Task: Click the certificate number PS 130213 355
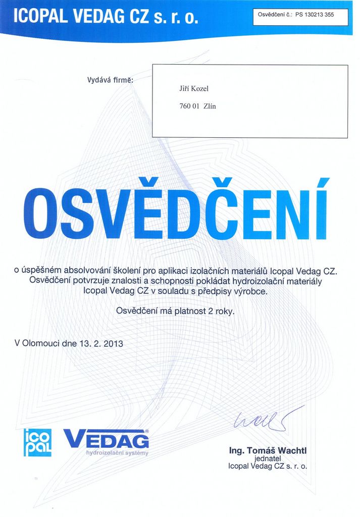point(315,15)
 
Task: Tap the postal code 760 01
point(189,106)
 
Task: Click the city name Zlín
point(210,106)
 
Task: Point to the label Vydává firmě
point(109,79)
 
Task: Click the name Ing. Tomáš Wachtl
point(268,450)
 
